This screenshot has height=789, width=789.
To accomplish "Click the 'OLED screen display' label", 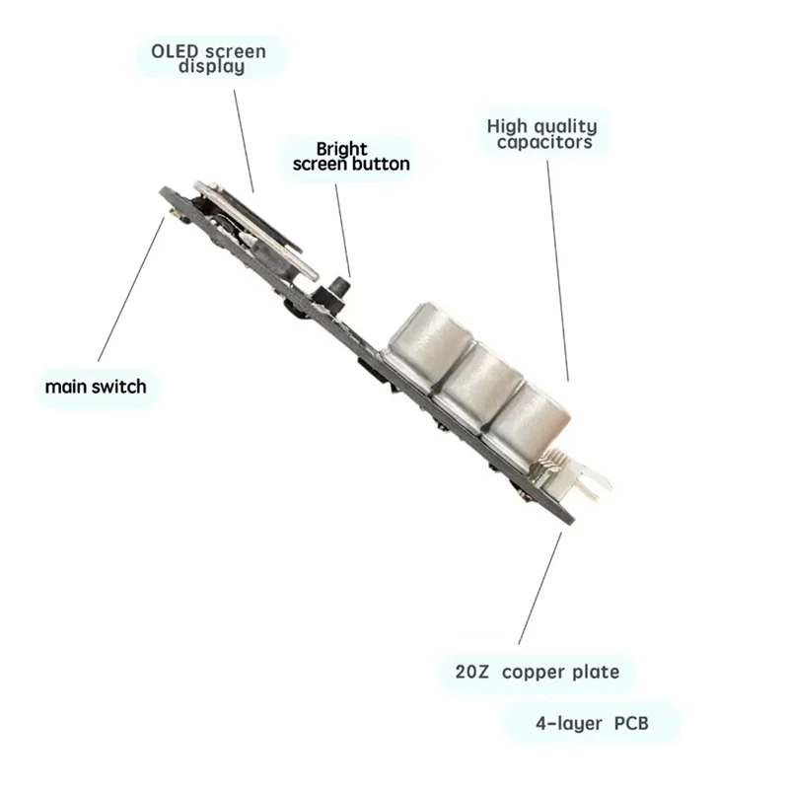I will (x=209, y=58).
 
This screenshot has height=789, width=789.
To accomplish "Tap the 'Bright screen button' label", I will (x=350, y=156).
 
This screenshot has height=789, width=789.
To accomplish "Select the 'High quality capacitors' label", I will (x=542, y=134).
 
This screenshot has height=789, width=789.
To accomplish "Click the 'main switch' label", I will (x=96, y=386).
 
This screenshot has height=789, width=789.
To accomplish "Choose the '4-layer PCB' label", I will (x=593, y=722).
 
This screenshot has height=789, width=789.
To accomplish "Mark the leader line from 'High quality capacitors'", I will (x=558, y=266).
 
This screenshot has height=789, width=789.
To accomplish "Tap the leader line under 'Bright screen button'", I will (x=342, y=227).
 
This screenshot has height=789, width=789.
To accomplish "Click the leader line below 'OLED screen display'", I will (x=244, y=138).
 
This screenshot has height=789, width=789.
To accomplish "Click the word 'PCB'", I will (x=630, y=722).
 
